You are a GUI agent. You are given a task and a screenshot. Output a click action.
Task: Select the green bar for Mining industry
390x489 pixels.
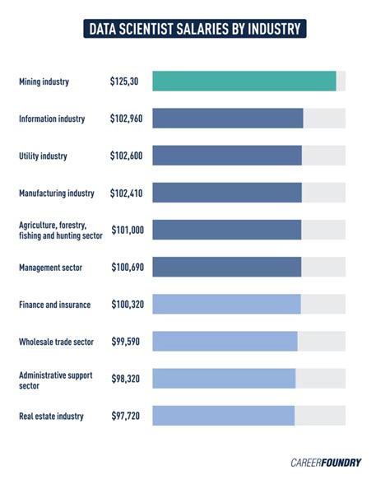click(244, 81)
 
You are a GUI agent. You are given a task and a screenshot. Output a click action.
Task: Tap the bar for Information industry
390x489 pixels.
click(227, 119)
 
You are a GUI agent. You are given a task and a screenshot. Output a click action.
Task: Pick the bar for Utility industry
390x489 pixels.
click(226, 156)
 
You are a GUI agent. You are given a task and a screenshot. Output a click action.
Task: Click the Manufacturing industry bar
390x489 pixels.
click(226, 193)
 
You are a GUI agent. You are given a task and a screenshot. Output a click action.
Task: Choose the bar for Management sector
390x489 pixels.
click(226, 267)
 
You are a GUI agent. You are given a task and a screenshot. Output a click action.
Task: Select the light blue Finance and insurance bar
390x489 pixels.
click(226, 304)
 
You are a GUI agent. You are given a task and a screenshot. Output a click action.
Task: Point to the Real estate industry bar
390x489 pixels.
click(223, 416)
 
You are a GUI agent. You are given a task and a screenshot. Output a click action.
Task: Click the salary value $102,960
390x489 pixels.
click(126, 119)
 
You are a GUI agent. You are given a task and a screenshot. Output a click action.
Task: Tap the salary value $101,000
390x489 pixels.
click(126, 231)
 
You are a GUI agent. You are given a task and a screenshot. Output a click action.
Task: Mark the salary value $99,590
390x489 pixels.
click(126, 342)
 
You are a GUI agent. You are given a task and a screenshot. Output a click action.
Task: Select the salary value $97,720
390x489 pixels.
click(126, 416)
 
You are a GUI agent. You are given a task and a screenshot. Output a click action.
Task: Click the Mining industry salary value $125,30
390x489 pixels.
click(124, 81)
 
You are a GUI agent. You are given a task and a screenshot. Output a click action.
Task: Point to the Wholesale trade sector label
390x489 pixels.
click(56, 342)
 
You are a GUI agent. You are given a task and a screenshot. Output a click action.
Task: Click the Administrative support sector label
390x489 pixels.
click(56, 379)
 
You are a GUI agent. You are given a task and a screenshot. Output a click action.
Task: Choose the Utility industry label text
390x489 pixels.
click(43, 156)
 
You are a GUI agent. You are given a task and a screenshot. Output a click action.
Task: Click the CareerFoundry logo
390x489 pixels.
click(325, 462)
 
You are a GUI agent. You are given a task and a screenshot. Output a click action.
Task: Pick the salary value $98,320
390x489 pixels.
click(126, 379)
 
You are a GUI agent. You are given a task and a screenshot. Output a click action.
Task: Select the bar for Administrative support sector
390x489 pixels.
click(224, 379)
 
